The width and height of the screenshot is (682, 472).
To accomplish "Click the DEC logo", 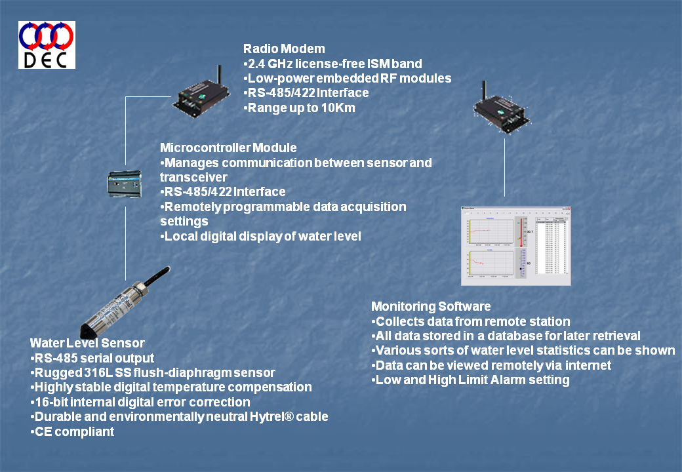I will pos(47,45).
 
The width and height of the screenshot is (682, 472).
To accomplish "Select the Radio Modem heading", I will pos(284,49).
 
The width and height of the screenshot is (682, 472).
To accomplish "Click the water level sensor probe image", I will pos(125,301).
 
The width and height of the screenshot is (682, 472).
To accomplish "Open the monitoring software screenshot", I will pos(515,245).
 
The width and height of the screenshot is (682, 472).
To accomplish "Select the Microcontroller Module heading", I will pos(228,148).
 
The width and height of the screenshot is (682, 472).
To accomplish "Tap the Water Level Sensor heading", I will pos(87,344).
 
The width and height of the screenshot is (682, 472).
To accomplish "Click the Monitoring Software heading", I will pos(431,307).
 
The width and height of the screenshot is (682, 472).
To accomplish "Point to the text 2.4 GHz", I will pos(270,64).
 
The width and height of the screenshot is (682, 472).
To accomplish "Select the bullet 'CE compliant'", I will pos(73,431).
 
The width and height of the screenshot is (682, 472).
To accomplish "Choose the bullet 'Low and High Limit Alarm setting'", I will pos(471,380).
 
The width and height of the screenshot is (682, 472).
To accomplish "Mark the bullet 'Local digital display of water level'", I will pos(261,236).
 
